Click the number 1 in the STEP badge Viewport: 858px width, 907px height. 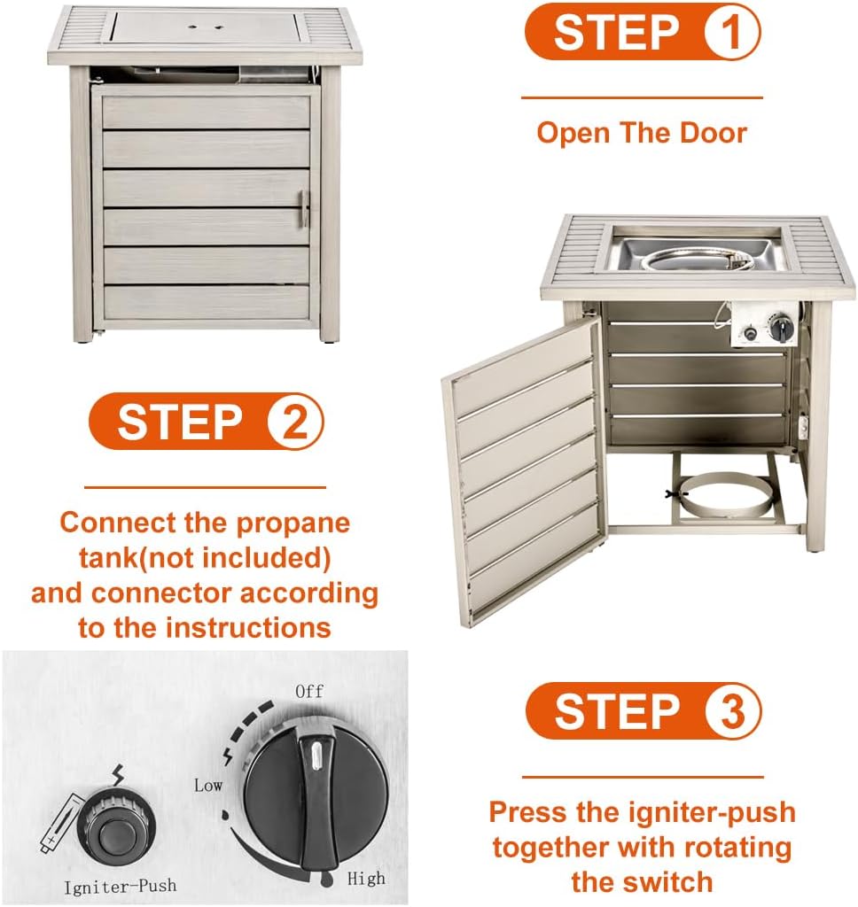(731, 32)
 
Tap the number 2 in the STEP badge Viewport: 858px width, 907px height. (295, 421)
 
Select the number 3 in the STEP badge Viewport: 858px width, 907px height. (732, 711)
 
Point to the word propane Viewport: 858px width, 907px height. (293, 524)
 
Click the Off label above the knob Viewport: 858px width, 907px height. (309, 691)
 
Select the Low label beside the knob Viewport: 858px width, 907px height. (207, 785)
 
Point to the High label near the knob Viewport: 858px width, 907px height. (366, 878)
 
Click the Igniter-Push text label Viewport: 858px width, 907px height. (120, 886)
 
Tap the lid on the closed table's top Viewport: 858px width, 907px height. (204, 27)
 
